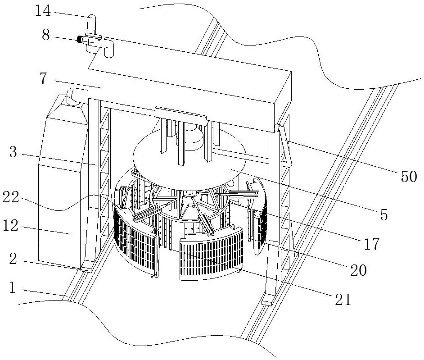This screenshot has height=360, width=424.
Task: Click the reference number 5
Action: (383, 214)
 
